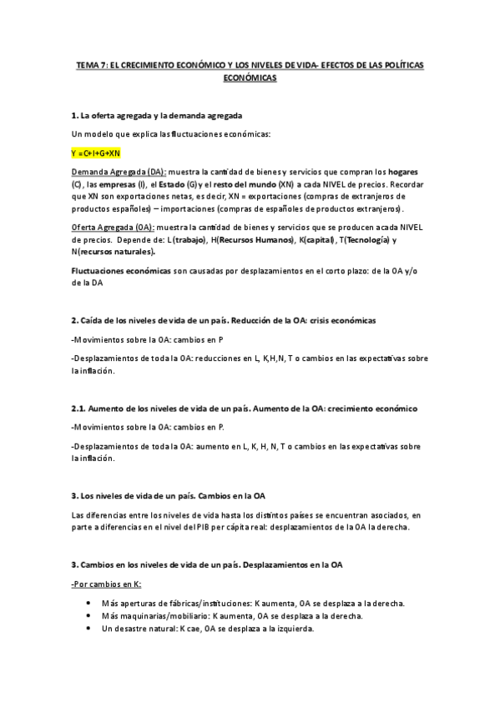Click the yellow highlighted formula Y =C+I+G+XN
pos(96,153)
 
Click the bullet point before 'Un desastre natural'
pos(89,628)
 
